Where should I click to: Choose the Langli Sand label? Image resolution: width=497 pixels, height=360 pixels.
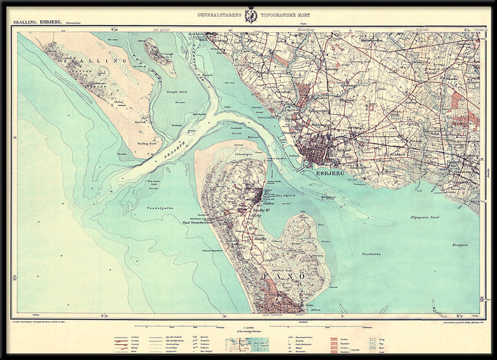point(180,92)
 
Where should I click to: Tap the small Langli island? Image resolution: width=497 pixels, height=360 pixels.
point(159,56)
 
